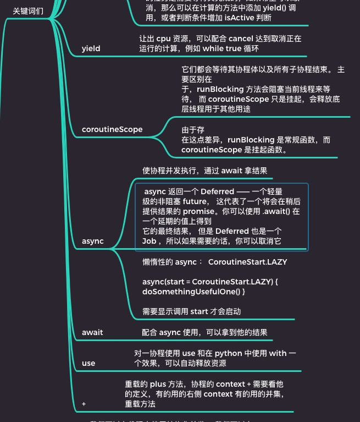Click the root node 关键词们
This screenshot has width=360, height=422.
coord(27,11)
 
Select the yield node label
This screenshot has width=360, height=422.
coord(91,48)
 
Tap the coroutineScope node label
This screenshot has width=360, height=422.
coord(112,129)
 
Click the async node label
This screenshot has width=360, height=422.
coord(92,241)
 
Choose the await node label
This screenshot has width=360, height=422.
coord(92,332)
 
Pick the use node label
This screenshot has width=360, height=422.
coord(88,363)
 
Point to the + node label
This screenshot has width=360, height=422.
coord(84,404)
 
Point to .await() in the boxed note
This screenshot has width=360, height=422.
coord(278,211)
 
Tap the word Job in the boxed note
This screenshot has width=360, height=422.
coord(149,241)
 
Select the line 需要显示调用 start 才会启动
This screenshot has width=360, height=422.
coord(191,311)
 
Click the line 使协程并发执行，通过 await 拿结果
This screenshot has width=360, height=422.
coord(204,171)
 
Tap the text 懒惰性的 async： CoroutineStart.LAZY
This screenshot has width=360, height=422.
coord(214,262)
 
